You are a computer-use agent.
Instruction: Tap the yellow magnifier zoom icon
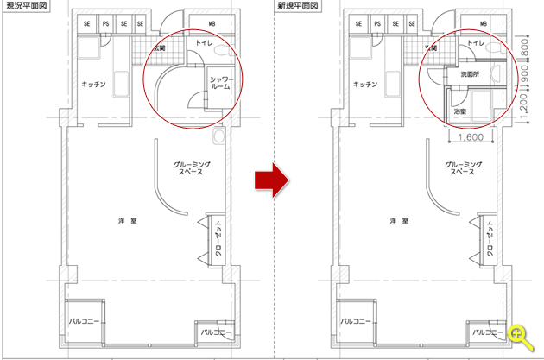click(521, 338)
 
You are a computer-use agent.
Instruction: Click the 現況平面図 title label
click(27, 5)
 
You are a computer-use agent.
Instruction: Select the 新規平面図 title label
click(298, 5)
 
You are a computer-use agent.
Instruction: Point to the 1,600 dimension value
click(471, 137)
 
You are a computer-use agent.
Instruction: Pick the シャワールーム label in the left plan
click(221, 83)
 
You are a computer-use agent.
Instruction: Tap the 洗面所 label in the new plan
click(470, 74)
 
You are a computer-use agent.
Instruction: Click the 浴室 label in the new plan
click(459, 111)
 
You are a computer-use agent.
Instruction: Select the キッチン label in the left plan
click(93, 85)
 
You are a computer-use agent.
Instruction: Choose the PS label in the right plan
click(377, 23)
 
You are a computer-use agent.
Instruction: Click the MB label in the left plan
click(212, 23)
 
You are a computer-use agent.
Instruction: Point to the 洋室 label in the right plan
click(399, 221)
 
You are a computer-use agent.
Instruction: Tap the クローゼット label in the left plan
click(218, 238)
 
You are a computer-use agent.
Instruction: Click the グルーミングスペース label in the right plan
click(463, 167)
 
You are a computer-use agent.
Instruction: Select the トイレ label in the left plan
click(204, 42)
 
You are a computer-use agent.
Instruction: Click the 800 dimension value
click(524, 47)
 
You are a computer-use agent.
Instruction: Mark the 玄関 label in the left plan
click(159, 48)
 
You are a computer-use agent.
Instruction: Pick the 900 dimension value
click(524, 73)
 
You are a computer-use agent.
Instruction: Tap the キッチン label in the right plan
click(365, 85)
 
